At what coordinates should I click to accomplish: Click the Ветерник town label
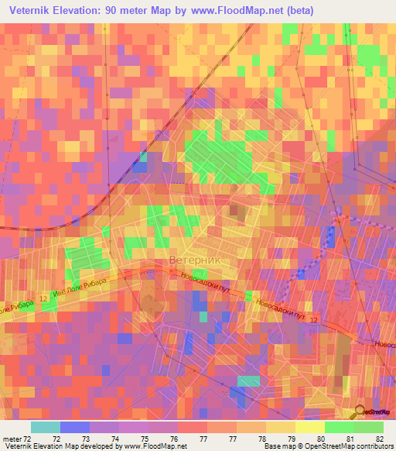tap(194, 260)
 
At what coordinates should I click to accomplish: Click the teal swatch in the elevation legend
tap(45, 427)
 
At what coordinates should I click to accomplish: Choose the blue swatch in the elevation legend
tap(74, 427)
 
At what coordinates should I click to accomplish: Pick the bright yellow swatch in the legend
tap(309, 427)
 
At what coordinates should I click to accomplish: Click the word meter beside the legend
tap(12, 439)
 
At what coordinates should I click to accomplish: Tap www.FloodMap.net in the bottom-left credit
tap(152, 446)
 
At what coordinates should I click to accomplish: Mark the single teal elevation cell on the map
tap(248, 380)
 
